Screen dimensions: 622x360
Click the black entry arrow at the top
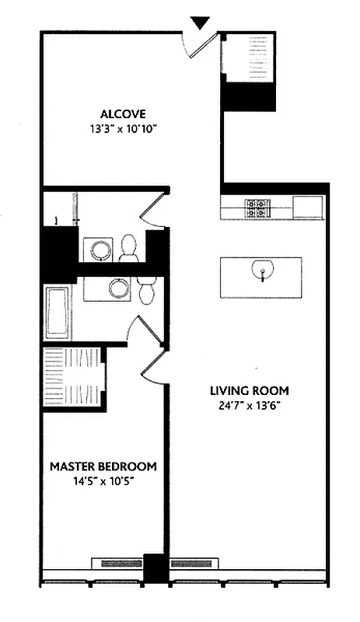pyautogui.click(x=201, y=23)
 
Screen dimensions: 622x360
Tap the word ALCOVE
pyautogui.click(x=123, y=112)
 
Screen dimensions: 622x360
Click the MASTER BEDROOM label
pyautogui.click(x=103, y=466)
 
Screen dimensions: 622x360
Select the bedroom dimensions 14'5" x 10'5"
pyautogui.click(x=103, y=481)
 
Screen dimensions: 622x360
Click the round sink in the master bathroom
pyautogui.click(x=118, y=288)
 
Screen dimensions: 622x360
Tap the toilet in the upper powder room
pyautogui.click(x=130, y=247)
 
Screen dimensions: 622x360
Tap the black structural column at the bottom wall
pyautogui.click(x=156, y=568)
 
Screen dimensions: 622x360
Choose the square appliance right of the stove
pyautogui.click(x=309, y=208)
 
